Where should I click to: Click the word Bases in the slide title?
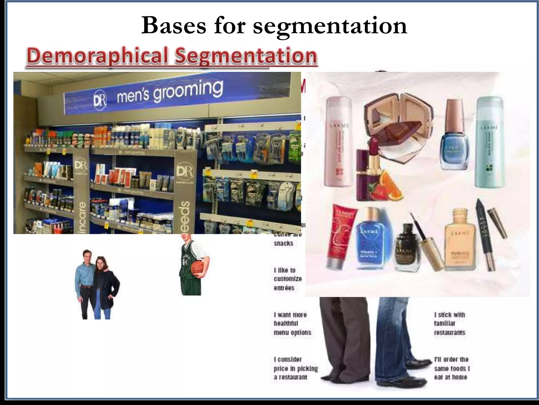pyautogui.click(x=174, y=26)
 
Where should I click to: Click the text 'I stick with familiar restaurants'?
pyautogui.click(x=450, y=324)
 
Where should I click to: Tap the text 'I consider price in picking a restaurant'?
pyautogui.click(x=296, y=368)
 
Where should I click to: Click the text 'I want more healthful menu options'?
pyautogui.click(x=292, y=324)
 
